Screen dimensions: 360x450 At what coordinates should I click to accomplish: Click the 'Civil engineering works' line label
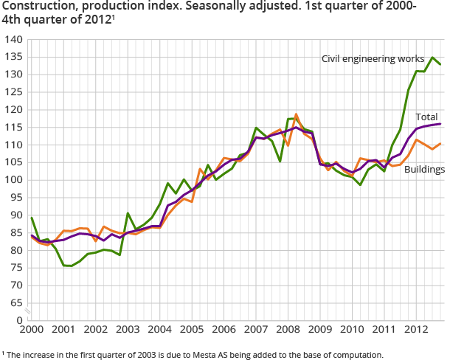pyautogui.click(x=373, y=58)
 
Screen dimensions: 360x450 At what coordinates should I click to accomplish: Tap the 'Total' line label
pyautogui.click(x=426, y=117)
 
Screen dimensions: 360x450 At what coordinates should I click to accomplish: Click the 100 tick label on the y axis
pyautogui.click(x=13, y=180)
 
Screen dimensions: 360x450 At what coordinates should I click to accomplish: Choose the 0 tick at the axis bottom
pyautogui.click(x=18, y=320)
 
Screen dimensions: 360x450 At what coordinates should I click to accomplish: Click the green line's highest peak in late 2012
pyautogui.click(x=432, y=58)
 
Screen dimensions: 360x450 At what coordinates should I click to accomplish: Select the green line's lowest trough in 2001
pyautogui.click(x=70, y=266)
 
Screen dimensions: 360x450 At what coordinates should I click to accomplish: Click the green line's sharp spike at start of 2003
pyautogui.click(x=128, y=213)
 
